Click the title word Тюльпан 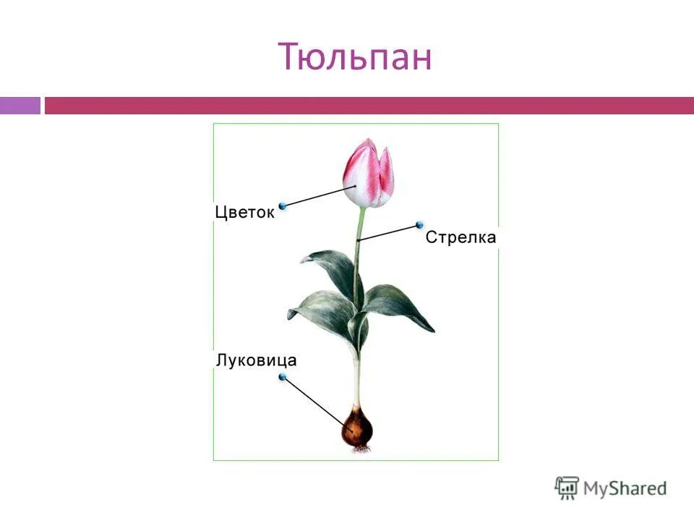coord(354,57)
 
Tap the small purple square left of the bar coord(20,106)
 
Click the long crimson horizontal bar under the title coord(369,106)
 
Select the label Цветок coord(244,212)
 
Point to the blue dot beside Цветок coord(283,206)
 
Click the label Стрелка coord(460,237)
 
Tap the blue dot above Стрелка coord(419,225)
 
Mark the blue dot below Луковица coord(283,377)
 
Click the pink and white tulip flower coord(369,174)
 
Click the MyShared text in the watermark coord(625,488)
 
